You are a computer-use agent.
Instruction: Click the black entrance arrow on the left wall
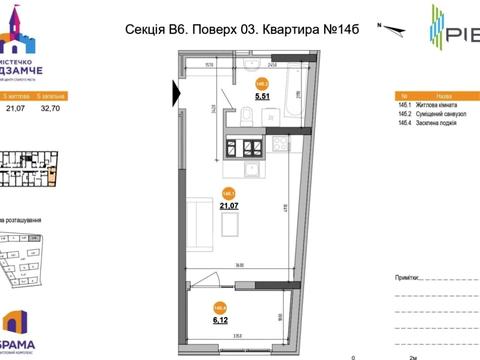pyautogui.click(x=177, y=93)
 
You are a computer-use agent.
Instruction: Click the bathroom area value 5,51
pyautogui.click(x=263, y=97)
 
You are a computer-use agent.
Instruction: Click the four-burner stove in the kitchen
pyautogui.click(x=250, y=150)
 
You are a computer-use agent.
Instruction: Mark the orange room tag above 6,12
pyautogui.click(x=220, y=308)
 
